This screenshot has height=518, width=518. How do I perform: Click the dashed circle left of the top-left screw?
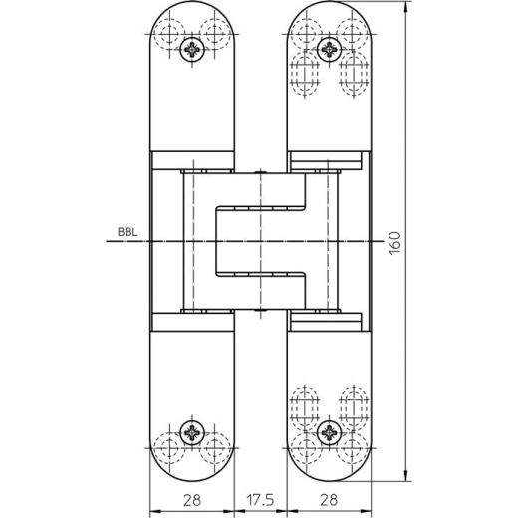[169, 29]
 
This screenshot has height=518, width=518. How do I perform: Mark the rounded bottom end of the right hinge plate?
[329, 468]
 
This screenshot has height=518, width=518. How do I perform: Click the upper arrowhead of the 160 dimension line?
[406, 9]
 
